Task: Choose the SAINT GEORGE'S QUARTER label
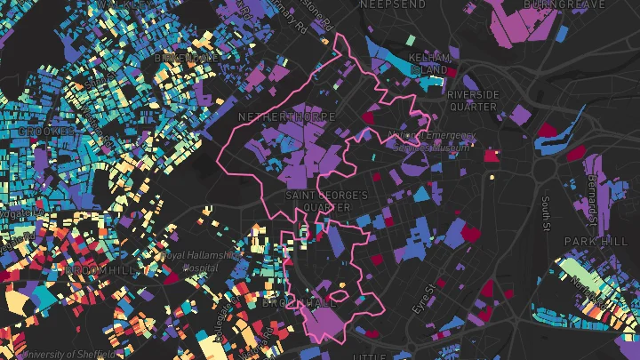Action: (324, 201)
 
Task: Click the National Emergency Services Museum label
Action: (432, 141)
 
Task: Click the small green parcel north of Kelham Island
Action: (410, 40)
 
